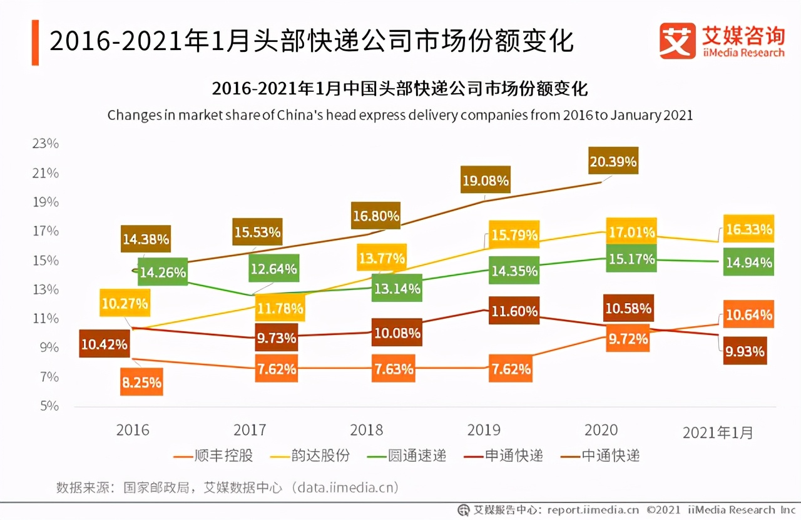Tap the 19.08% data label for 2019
(485, 181)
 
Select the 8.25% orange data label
(141, 382)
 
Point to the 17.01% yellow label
(631, 232)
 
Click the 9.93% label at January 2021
(745, 351)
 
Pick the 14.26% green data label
(162, 272)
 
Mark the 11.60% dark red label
(514, 311)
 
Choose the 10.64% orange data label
(748, 314)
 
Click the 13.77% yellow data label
(381, 257)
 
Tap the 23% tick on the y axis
(45, 143)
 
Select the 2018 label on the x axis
(367, 430)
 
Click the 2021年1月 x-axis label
(718, 432)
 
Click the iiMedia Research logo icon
(677, 41)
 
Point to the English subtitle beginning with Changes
(400, 116)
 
